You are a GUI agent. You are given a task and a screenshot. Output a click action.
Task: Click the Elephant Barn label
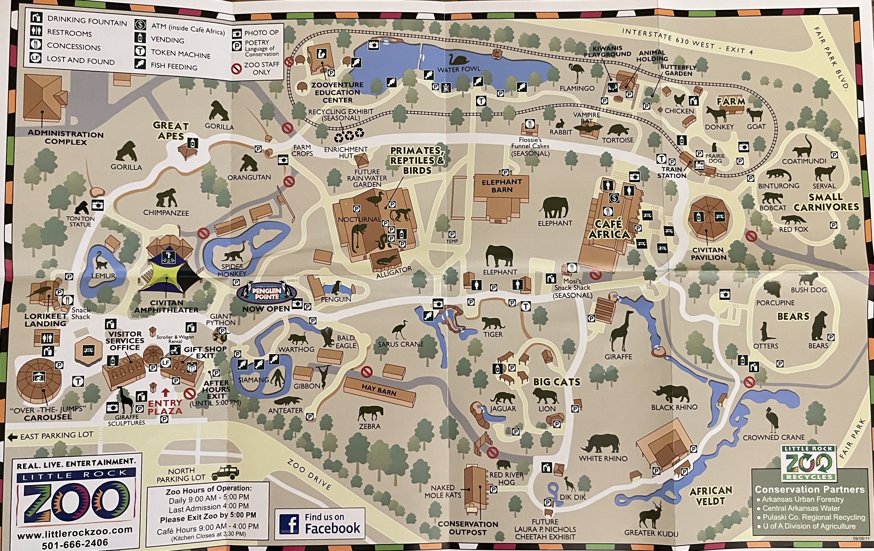pos(502,186)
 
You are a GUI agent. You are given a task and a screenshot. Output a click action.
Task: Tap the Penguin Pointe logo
pos(267,293)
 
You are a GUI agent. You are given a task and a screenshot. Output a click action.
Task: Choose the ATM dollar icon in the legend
pos(140,25)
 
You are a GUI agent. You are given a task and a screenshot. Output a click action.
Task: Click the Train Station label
pos(672,172)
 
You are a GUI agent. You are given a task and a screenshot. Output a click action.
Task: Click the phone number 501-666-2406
pos(75,543)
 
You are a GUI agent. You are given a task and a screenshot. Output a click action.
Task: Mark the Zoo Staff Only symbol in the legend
pos(237,68)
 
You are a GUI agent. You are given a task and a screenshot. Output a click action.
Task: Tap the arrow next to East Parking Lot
pos(12,437)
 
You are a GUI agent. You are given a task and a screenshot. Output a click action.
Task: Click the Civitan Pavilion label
pos(708,254)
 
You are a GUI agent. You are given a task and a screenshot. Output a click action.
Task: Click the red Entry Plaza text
pos(165,407)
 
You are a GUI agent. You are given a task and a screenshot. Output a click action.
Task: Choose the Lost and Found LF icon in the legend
pos(36,58)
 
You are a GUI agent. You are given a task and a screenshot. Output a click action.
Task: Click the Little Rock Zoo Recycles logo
pos(809,463)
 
